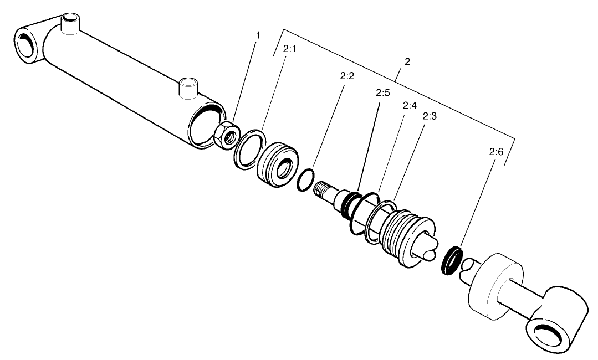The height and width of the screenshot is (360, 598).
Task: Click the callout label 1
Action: tap(257, 35)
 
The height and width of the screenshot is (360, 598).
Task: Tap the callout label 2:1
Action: tap(290, 49)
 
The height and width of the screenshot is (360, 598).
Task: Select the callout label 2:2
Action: tap(347, 76)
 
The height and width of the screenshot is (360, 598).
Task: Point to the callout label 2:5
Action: tap(382, 92)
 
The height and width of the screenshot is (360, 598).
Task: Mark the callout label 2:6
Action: tap(496, 151)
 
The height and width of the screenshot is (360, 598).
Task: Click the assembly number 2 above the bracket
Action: tap(407, 62)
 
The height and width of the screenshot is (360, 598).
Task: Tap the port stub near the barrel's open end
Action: tap(188, 88)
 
